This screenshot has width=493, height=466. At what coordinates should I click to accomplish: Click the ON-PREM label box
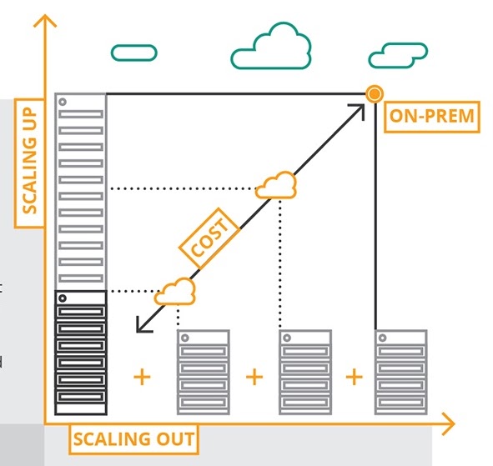tap(432, 117)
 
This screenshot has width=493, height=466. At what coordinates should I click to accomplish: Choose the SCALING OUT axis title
tap(133, 438)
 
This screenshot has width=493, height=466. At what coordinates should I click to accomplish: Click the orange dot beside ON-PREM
tap(375, 94)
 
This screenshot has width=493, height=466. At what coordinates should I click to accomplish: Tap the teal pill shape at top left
tap(133, 53)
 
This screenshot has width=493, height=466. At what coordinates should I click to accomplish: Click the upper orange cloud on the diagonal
tap(276, 186)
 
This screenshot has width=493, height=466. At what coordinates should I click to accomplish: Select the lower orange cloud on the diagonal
tap(175, 291)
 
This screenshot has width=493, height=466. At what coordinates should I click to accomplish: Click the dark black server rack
tap(81, 353)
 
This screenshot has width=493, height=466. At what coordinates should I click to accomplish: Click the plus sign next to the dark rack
tap(143, 377)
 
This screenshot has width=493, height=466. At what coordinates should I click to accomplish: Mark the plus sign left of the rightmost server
tap(355, 377)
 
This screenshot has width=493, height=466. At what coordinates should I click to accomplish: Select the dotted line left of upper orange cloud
tap(184, 188)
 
